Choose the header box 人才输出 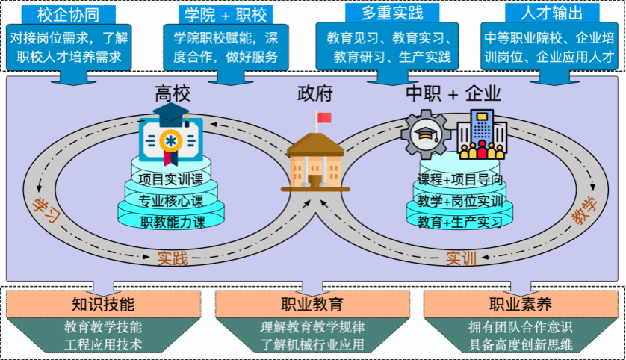552,13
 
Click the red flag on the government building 323,117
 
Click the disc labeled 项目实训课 170,179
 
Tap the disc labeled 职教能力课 171,221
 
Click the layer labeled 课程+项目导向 459,179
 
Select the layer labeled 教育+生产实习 459,222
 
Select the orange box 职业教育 312,304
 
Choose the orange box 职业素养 520,304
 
